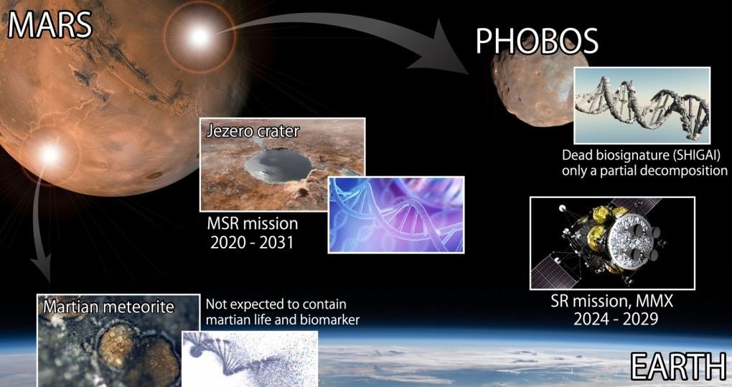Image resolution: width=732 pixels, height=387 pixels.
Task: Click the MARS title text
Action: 50,24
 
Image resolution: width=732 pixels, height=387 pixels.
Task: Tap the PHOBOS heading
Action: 536,41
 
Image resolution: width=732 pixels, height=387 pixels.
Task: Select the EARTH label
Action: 679,365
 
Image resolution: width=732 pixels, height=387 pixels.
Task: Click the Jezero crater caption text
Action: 253,131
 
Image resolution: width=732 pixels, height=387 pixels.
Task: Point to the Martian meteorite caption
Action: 108,307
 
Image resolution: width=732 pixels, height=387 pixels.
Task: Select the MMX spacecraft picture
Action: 612,243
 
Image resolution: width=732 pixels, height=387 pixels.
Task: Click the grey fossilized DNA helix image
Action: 642,106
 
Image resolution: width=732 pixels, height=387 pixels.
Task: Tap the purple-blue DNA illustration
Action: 396,215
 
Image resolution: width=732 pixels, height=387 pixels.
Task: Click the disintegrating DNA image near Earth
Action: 250,358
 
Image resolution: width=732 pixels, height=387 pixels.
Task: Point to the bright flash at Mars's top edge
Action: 200,37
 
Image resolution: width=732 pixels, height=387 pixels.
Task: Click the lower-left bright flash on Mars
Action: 50,154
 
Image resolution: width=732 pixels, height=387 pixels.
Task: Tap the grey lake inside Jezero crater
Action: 279,166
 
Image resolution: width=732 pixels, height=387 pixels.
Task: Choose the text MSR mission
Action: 253,223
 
